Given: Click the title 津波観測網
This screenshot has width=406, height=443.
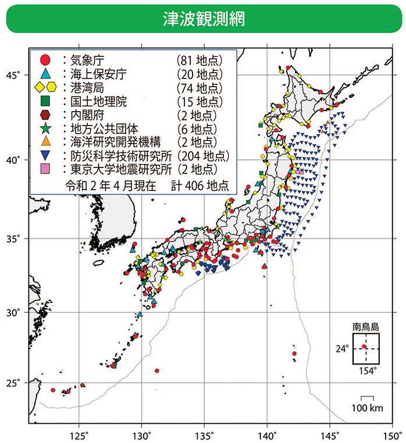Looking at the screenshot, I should pyautogui.click(x=203, y=19).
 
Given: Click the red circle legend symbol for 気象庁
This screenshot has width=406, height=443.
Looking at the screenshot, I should pyautogui.click(x=44, y=59).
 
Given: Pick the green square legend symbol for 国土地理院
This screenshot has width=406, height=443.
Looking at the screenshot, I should pyautogui.click(x=44, y=101).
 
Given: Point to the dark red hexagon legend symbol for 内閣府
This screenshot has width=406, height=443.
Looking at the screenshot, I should pyautogui.click(x=44, y=115).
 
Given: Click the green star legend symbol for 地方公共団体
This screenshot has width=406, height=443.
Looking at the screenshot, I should pyautogui.click(x=44, y=128).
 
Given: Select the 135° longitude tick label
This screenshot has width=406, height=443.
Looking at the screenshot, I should pyautogui.click(x=204, y=434).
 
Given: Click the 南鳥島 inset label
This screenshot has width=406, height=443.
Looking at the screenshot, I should pyautogui.click(x=365, y=326).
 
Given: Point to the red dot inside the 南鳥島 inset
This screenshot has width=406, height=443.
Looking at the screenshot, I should pyautogui.click(x=364, y=346).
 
